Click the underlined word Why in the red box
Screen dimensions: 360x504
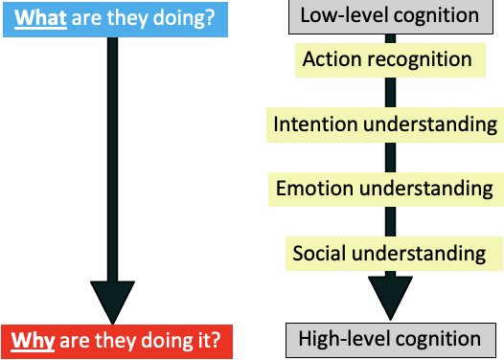click(31, 340)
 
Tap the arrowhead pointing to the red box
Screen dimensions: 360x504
click(113, 301)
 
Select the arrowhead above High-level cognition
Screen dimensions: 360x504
click(389, 298)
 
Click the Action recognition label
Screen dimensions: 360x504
click(387, 60)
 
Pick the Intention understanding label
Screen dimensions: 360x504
click(385, 124)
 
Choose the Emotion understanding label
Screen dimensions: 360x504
click(385, 189)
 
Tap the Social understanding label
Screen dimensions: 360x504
click(389, 254)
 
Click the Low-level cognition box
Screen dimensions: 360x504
click(389, 15)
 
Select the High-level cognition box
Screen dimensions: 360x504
click(389, 338)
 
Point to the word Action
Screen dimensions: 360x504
click(332, 60)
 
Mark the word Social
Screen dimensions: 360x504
click(319, 254)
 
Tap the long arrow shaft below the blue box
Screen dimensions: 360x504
click(113, 153)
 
